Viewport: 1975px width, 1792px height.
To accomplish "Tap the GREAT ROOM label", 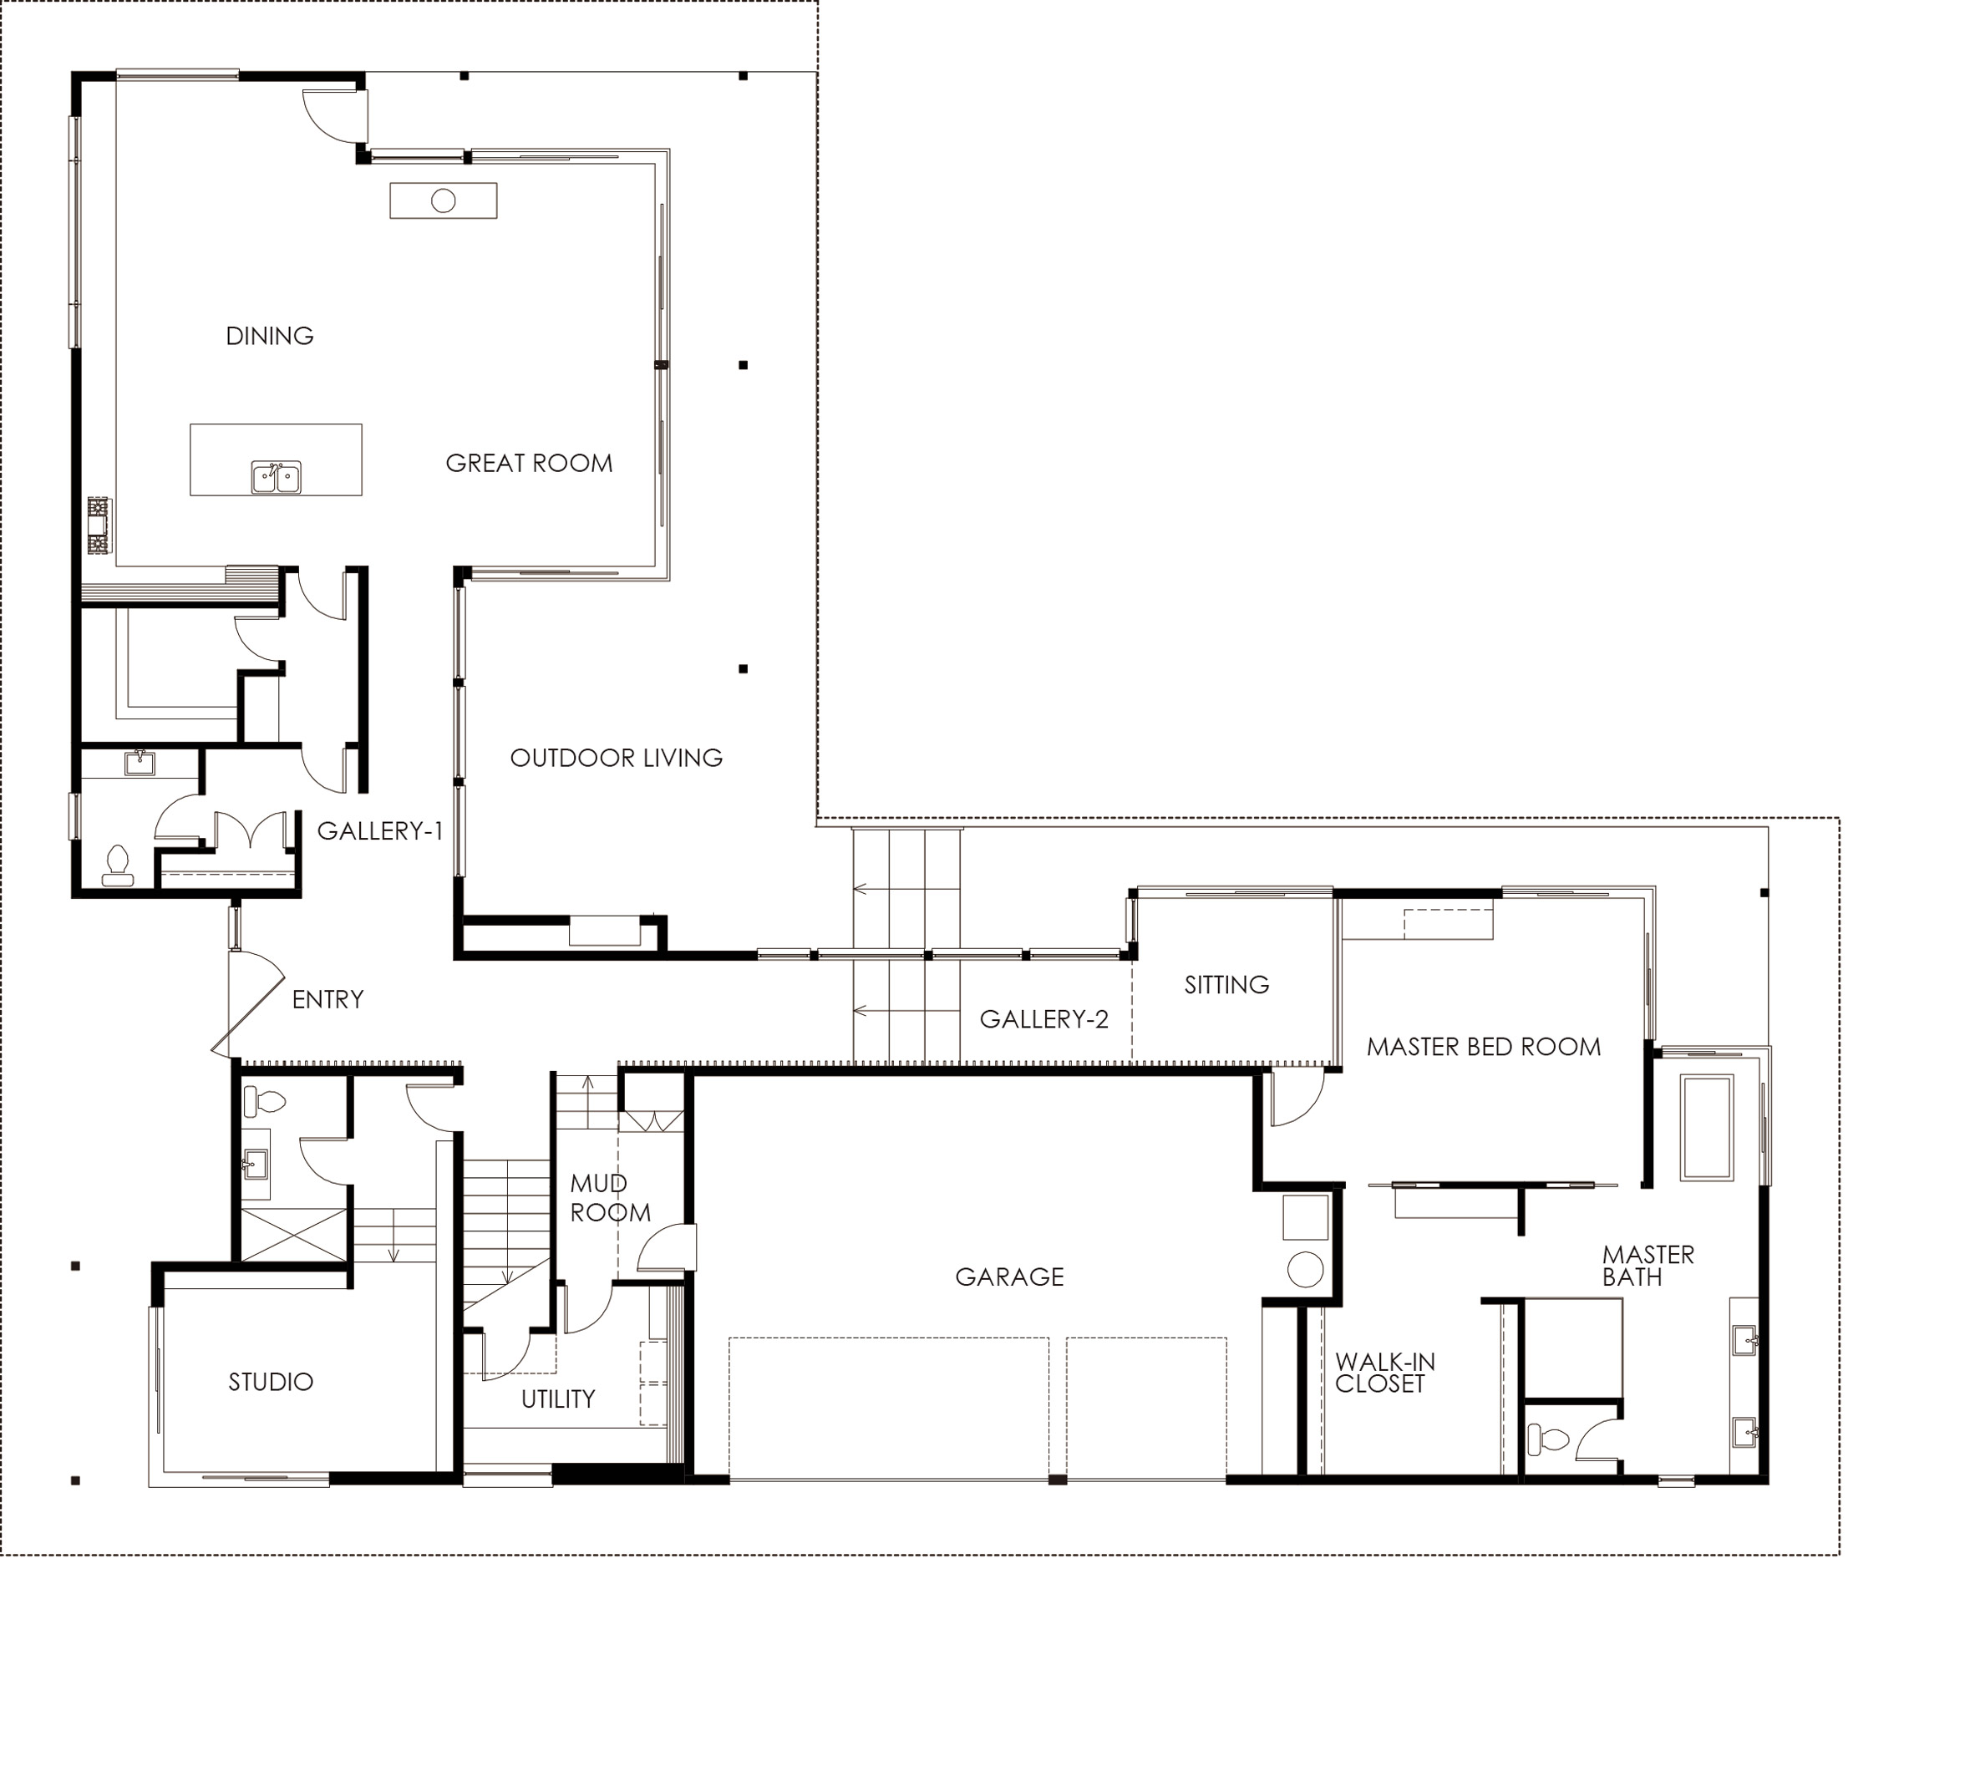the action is pos(529,464).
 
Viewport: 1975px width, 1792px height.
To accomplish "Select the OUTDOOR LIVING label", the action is pos(617,758).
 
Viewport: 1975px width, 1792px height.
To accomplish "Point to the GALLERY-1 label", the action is pos(380,831).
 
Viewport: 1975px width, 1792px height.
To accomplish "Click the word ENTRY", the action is pos(328,999).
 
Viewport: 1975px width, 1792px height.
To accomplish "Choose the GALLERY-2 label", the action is pos(1044,1020).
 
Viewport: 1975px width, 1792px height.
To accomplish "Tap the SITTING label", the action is pos(1226,985).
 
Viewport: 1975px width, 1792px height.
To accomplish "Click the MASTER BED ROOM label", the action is pos(1483,1048).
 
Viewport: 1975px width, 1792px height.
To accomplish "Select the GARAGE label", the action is pos(1009,1277).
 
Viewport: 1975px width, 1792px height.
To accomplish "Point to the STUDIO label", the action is pos(271,1383).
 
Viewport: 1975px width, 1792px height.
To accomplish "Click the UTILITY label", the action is pos(558,1399).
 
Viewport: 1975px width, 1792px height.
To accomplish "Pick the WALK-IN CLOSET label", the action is pos(1384,1373).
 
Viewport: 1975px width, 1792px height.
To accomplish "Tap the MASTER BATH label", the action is pos(1648,1266).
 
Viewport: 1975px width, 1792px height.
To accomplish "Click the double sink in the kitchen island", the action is pos(276,477).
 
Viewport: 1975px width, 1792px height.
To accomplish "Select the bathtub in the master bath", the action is pos(1707,1127).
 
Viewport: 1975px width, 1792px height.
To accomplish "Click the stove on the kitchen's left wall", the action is pos(99,526).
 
